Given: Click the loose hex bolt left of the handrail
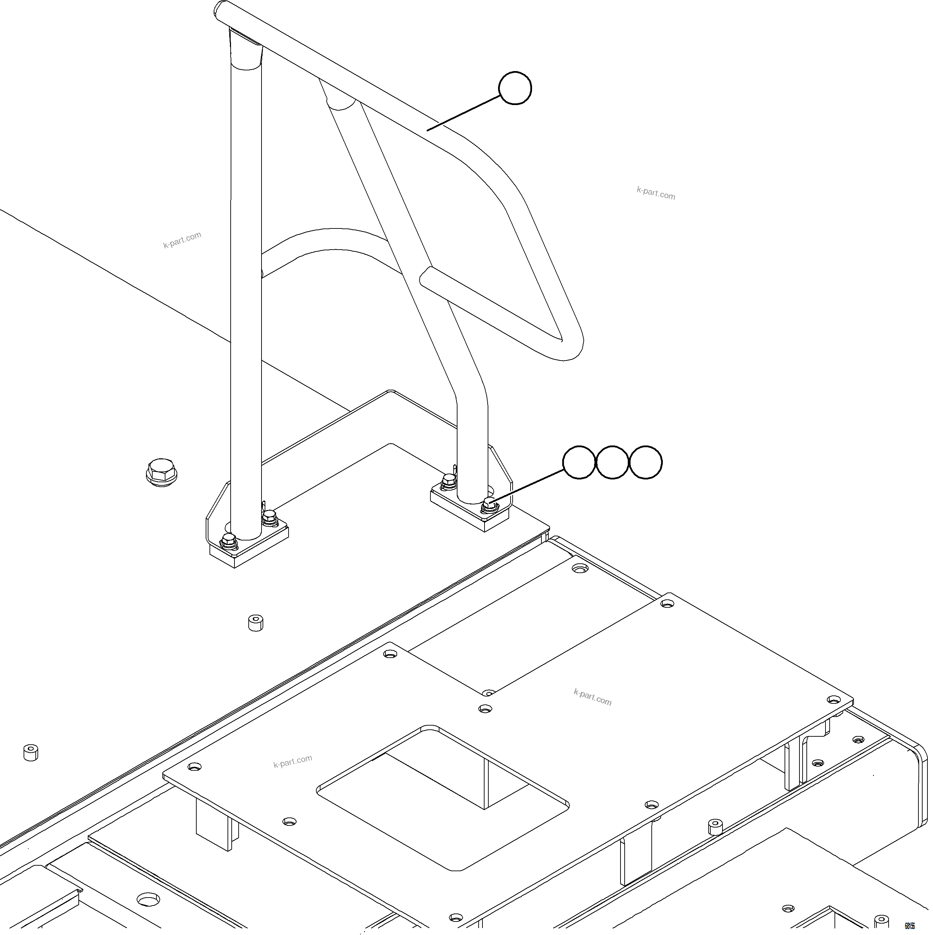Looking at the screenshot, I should coord(162,472).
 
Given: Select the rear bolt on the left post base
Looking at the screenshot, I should coord(270,518).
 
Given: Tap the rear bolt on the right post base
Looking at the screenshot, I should coord(449,482).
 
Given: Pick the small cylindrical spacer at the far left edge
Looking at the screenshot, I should coord(31,753).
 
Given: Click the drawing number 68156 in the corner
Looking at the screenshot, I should coord(910,926).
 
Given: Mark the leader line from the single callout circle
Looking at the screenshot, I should coord(463,113).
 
